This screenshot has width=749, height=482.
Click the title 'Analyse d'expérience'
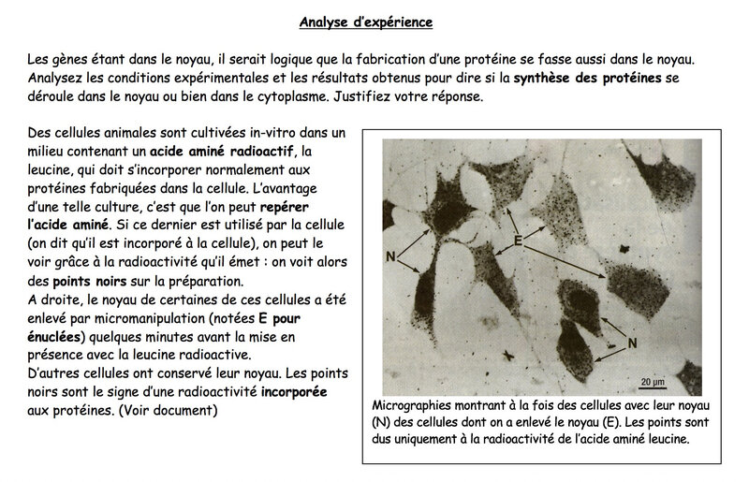(x=374, y=20)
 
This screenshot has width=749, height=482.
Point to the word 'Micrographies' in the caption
(x=415, y=408)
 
